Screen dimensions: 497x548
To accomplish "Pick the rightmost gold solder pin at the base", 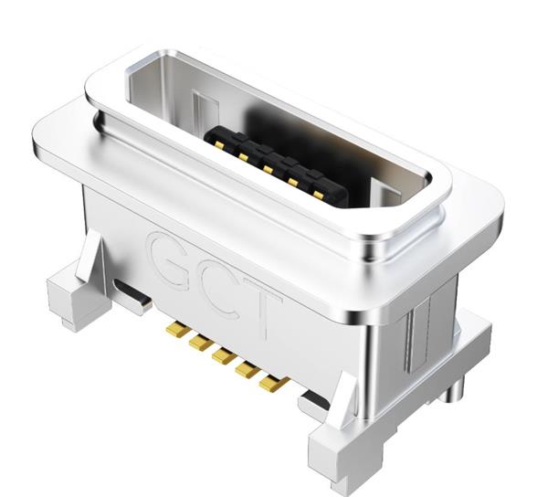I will click(270, 385).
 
